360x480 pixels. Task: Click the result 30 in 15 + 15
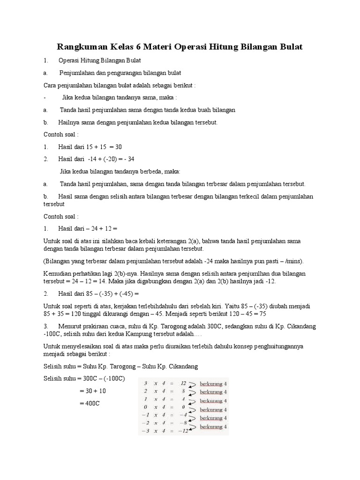(x=119, y=147)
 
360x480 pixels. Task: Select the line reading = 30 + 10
(x=91, y=390)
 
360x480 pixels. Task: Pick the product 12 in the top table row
(x=183, y=383)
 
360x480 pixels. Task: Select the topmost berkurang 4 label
(x=213, y=384)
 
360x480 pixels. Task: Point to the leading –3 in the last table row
(x=145, y=431)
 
